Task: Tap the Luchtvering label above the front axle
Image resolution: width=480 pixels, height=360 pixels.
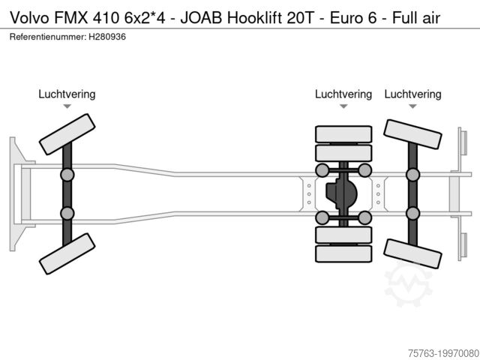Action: click(67, 94)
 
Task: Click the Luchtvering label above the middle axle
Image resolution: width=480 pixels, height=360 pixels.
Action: click(343, 94)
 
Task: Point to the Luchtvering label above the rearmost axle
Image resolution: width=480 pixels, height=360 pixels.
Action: click(412, 94)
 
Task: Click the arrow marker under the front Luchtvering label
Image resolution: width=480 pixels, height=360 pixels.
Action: click(67, 107)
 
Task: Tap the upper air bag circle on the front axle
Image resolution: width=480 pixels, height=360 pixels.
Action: click(67, 175)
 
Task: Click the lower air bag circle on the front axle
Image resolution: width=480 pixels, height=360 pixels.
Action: click(67, 212)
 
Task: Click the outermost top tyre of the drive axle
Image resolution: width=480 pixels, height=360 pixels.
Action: click(343, 134)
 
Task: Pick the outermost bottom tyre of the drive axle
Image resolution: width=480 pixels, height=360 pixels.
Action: click(343, 253)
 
